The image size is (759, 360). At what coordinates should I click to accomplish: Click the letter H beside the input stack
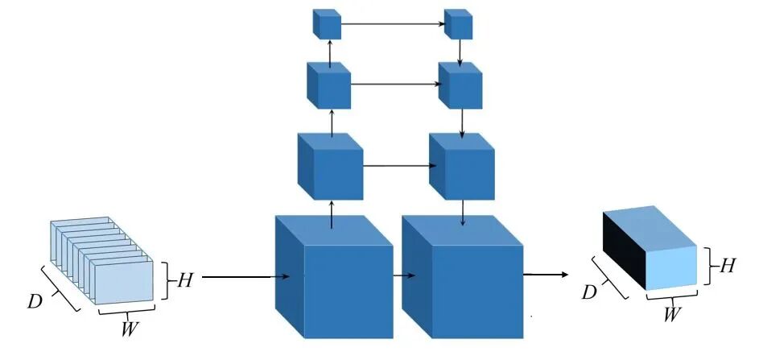184,280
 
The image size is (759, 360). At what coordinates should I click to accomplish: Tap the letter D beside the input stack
35,302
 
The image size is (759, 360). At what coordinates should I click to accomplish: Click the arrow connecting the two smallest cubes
394,25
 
